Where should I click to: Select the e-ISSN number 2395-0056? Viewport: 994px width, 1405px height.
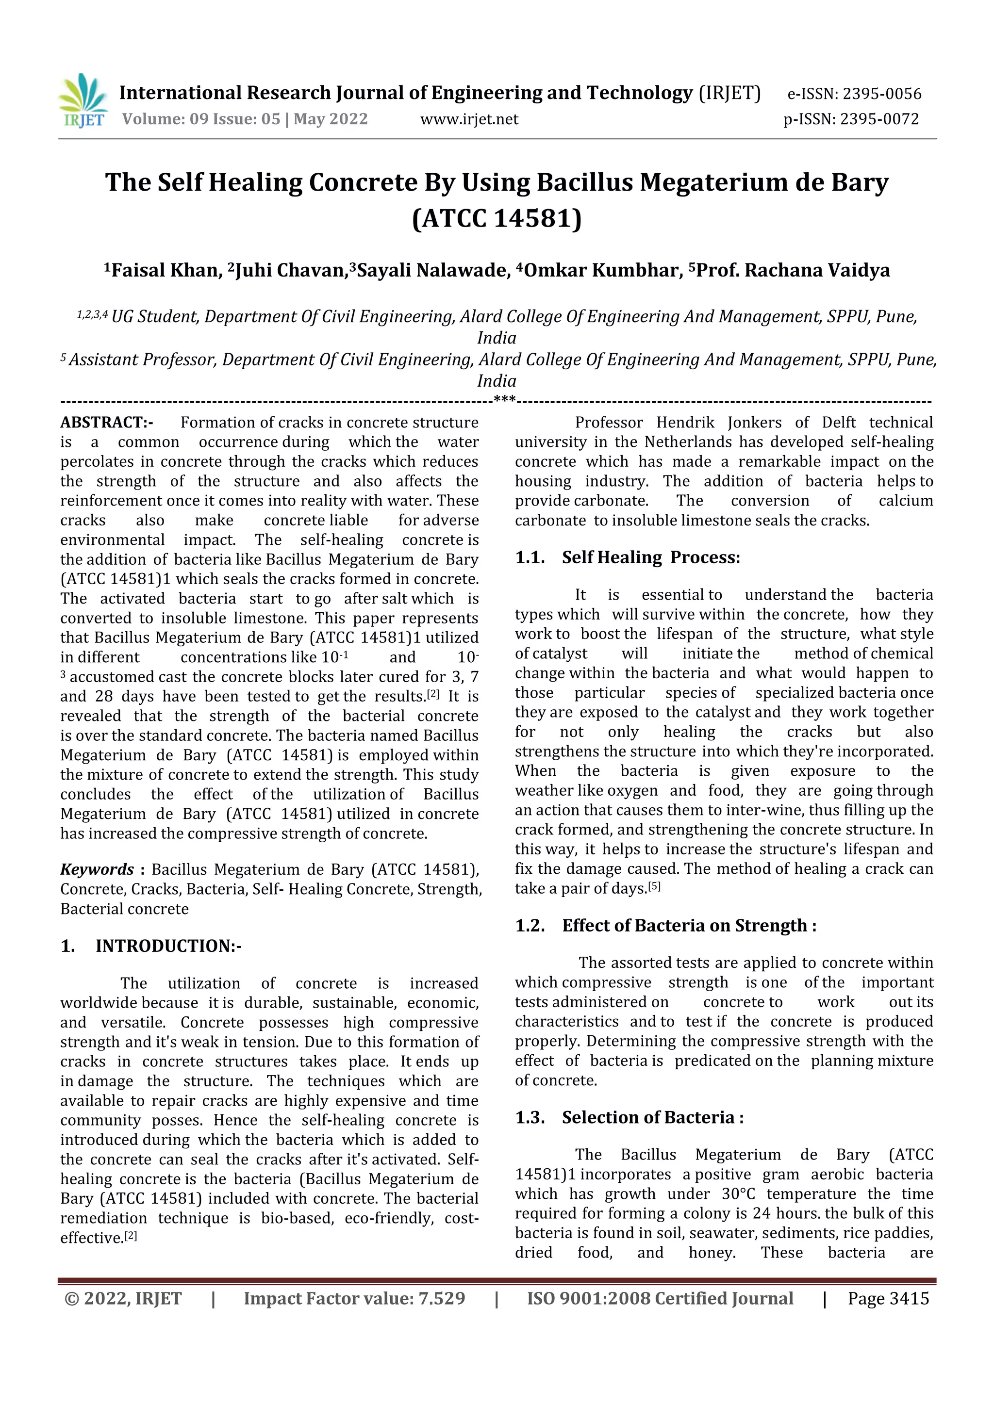coord(881,94)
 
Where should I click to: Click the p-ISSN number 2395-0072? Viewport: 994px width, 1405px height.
coord(879,119)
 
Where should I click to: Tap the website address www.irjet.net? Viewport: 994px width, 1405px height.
coord(469,119)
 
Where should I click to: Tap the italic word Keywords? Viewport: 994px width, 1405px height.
coord(97,869)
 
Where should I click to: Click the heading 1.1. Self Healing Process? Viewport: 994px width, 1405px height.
coord(628,557)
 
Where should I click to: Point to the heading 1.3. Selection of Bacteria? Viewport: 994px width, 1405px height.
coord(629,1118)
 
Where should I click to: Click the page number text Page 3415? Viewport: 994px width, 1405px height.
coord(888,1299)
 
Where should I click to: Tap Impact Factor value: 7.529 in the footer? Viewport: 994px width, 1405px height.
coord(354,1299)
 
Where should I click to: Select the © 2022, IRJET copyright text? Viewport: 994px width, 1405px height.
coord(123,1299)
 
